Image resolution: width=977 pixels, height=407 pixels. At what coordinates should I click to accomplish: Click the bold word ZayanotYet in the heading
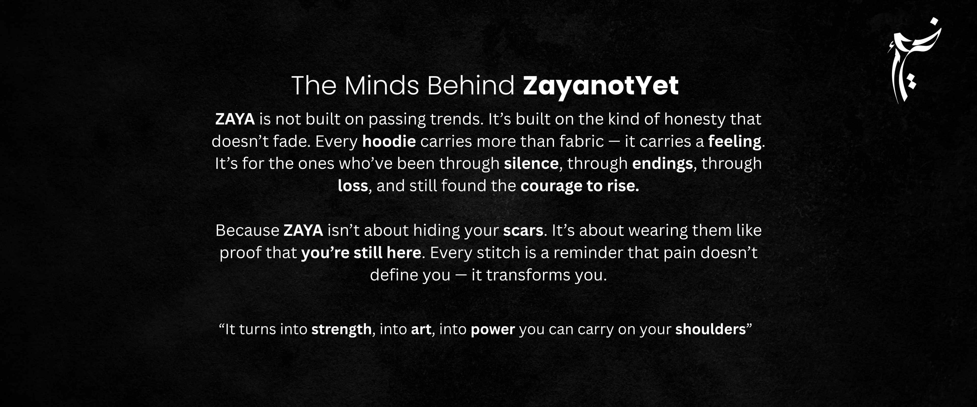click(x=600, y=86)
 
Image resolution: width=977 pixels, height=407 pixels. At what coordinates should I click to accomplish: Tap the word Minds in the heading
click(x=382, y=85)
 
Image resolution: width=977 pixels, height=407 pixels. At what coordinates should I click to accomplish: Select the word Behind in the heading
click(x=471, y=85)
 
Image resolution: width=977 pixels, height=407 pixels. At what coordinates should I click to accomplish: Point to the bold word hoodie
click(x=389, y=141)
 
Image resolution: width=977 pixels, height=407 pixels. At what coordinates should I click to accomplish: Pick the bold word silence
click(x=531, y=164)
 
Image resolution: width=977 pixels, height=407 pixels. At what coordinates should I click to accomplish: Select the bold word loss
click(x=353, y=186)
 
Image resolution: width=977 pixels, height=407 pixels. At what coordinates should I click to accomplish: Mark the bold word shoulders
click(x=710, y=329)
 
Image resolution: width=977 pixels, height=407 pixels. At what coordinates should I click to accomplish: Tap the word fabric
click(x=581, y=141)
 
